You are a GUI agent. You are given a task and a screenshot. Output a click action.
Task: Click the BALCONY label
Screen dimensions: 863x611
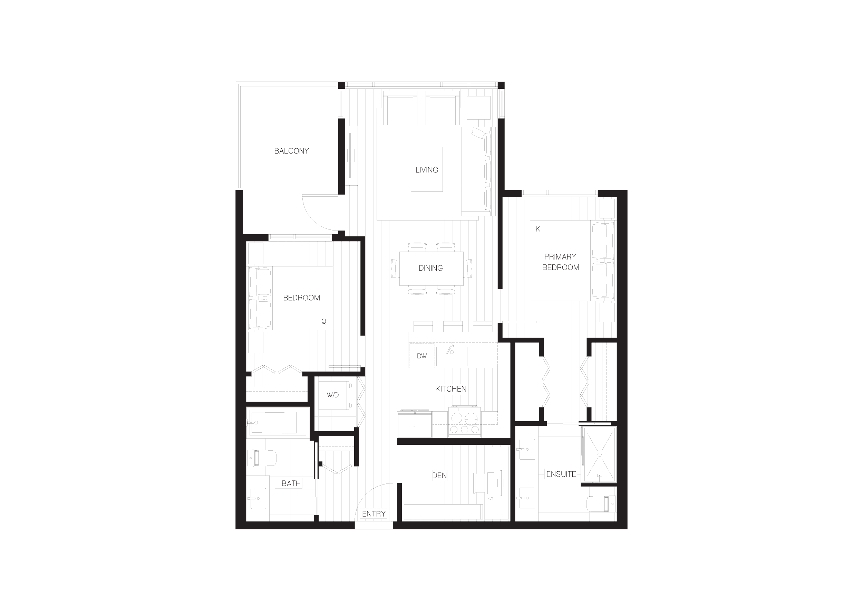click(x=291, y=151)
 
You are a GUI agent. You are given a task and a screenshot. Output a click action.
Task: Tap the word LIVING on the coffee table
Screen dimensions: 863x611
click(x=427, y=170)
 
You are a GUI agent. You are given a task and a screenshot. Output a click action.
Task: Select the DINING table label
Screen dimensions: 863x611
click(x=430, y=268)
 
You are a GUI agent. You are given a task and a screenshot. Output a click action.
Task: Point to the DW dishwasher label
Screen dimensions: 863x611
click(x=422, y=356)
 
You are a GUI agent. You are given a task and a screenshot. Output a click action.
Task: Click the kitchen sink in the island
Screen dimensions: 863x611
click(x=452, y=356)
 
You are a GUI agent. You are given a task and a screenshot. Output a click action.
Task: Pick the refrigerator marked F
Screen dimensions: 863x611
click(x=415, y=424)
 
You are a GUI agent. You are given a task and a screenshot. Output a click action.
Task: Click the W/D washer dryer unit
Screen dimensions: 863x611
click(x=334, y=395)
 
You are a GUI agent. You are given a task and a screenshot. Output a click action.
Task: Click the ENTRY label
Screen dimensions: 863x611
click(x=374, y=514)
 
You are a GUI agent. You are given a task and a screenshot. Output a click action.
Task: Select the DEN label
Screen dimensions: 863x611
click(x=439, y=475)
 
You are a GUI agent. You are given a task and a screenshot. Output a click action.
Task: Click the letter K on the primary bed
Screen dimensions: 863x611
click(x=538, y=229)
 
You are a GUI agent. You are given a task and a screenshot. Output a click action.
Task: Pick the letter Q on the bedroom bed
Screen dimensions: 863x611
click(x=324, y=321)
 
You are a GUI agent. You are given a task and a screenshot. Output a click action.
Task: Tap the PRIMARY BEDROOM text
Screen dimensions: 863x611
click(x=560, y=262)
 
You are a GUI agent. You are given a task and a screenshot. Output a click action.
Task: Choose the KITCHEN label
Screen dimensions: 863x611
click(x=451, y=389)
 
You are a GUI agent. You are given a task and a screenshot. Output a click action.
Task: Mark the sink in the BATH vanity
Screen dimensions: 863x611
click(x=258, y=498)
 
